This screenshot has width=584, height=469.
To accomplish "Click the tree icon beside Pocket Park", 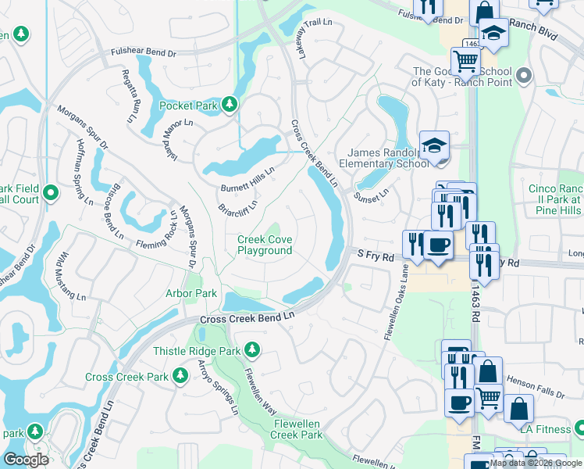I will [229, 104].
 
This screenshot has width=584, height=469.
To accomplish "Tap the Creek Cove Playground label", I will [265, 245].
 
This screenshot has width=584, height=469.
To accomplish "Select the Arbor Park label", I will [191, 293].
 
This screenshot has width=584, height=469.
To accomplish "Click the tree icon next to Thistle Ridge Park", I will [251, 348].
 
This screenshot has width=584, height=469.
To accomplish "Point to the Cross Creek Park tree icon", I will [180, 376].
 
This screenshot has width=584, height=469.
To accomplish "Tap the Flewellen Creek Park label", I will [297, 428].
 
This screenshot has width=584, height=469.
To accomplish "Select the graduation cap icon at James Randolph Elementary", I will [434, 145].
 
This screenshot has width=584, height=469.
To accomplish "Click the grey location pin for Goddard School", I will [523, 76].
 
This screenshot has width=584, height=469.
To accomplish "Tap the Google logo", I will [26, 460].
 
